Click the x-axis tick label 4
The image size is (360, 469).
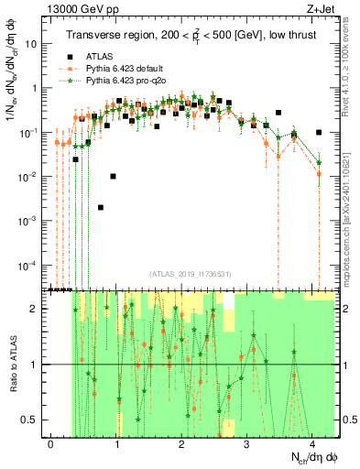[x=312, y=442]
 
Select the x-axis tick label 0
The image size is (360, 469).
[x=51, y=442]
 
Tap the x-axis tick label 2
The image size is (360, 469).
[x=182, y=442]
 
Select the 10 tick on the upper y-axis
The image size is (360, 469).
[x=35, y=44]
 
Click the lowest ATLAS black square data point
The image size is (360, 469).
[x=101, y=207]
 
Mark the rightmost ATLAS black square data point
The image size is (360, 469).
[x=318, y=132]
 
